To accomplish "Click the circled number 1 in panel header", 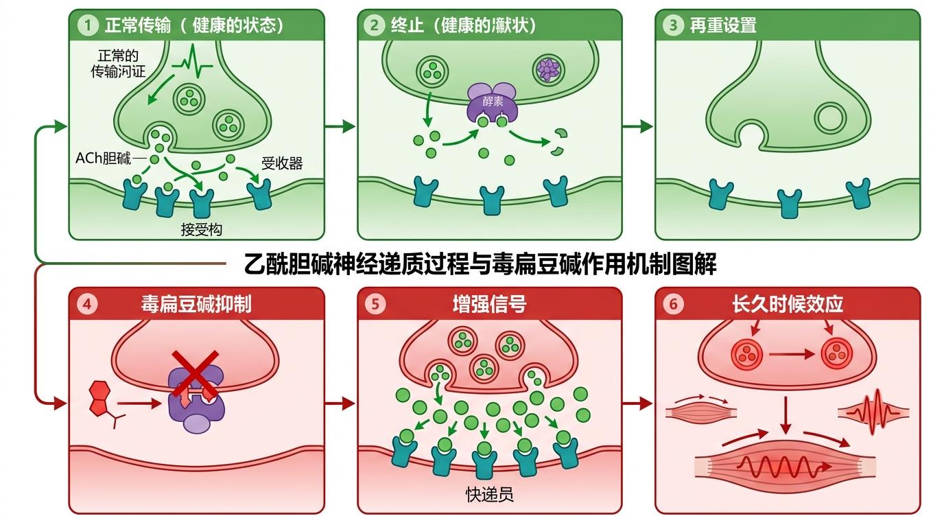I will [x=86, y=26].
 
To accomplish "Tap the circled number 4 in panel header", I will [x=86, y=303].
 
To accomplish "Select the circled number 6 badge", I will [x=674, y=304].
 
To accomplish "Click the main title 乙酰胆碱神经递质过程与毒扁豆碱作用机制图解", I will [x=480, y=263].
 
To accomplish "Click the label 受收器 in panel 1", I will [x=282, y=163].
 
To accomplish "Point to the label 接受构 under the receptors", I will [x=201, y=230].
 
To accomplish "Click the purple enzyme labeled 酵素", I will [x=493, y=103].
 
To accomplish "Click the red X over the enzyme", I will [x=195, y=375].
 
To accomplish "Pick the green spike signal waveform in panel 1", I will [x=192, y=65].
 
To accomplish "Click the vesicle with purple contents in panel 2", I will [x=547, y=70].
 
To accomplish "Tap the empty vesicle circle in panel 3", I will [x=830, y=117].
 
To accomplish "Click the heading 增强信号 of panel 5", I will [x=489, y=304].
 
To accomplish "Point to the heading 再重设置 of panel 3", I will [x=723, y=26].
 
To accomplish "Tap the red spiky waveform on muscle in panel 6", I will [x=873, y=412].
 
